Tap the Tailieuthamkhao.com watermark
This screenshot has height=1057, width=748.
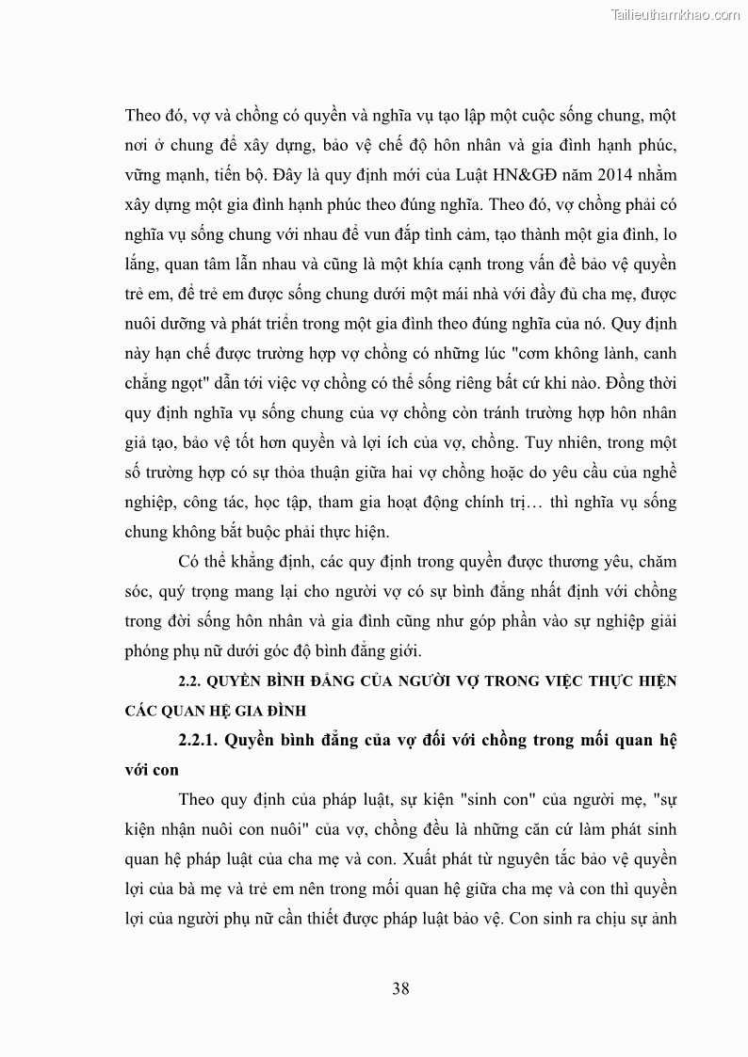pos(675,14)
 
